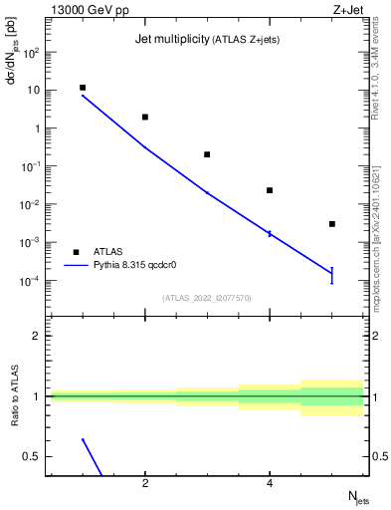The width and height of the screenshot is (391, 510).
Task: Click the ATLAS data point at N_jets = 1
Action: pyautogui.click(x=83, y=88)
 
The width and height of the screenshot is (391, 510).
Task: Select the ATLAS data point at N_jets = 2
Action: pyautogui.click(x=145, y=117)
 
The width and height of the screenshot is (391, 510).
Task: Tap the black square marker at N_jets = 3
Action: pyautogui.click(x=207, y=154)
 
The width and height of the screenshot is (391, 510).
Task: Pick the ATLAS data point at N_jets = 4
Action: pyautogui.click(x=270, y=190)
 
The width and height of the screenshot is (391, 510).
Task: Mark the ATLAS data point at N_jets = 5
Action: pyautogui.click(x=332, y=224)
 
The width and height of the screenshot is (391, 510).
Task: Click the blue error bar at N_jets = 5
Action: pyautogui.click(x=332, y=275)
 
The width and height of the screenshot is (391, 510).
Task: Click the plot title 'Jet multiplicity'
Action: pyautogui.click(x=170, y=40)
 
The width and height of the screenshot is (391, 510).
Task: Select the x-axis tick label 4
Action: pyautogui.click(x=270, y=484)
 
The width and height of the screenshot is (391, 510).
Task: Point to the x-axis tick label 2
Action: pyautogui.click(x=145, y=484)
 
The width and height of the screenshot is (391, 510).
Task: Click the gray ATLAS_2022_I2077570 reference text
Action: pyautogui.click(x=207, y=297)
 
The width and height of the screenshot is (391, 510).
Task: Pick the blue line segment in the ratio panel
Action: pyautogui.click(x=93, y=456)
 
